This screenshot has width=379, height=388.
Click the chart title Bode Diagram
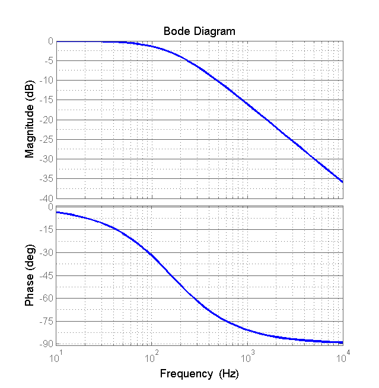click(199, 31)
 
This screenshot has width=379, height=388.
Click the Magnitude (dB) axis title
click(29, 120)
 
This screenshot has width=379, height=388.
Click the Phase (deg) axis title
click(29, 276)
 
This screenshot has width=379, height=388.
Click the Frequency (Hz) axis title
click(199, 374)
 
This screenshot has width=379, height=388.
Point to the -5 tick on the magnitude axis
click(49, 60)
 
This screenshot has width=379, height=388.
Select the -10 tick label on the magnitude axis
click(47, 81)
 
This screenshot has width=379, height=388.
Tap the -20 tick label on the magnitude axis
click(47, 120)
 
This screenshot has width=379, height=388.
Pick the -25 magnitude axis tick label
click(47, 139)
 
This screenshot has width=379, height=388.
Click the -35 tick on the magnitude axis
click(47, 178)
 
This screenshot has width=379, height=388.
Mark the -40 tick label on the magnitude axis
click(47, 198)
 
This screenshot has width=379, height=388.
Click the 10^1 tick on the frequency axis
click(56, 357)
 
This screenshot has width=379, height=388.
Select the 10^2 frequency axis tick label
click(151, 357)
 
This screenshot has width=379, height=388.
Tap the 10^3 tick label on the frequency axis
click(247, 357)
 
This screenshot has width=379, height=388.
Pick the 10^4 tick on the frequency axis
click(342, 357)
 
